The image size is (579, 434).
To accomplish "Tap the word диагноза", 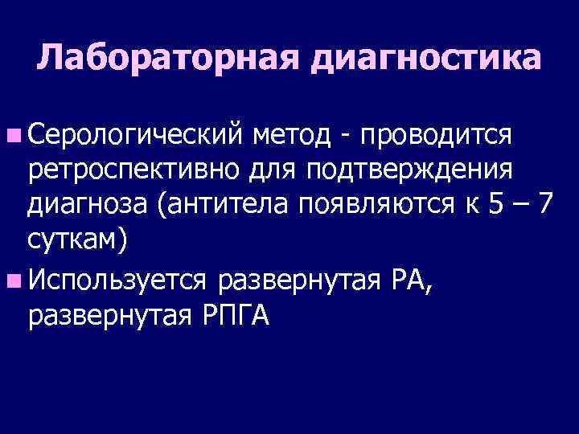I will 88,206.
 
